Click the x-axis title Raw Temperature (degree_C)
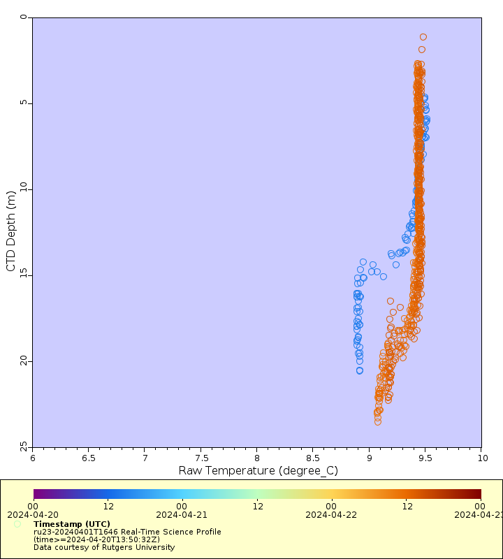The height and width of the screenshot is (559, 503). coord(258,470)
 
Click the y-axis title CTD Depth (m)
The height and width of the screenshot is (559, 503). coord(10,231)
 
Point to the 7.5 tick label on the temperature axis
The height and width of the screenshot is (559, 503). coord(201,458)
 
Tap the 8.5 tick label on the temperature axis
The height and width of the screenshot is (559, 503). coord(313,458)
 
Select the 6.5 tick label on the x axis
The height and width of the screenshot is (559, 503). coord(89,458)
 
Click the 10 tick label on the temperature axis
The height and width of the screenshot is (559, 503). coord(481,458)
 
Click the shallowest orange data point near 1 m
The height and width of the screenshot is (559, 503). coord(423,37)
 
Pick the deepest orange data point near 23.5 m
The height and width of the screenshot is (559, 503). coord(378,421)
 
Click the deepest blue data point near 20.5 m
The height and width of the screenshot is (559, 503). coord(360,370)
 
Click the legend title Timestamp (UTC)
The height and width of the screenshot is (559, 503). coord(72,524)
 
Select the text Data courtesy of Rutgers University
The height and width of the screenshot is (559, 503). coord(104,547)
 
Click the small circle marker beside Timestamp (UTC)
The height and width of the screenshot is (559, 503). coord(17,524)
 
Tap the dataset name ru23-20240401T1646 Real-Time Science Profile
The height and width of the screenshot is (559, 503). coord(127,532)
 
